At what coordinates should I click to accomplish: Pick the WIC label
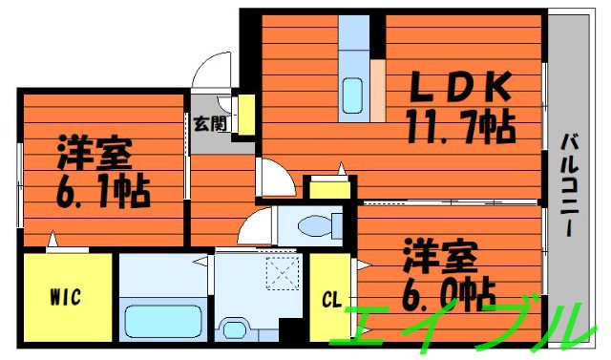(x=65, y=295)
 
